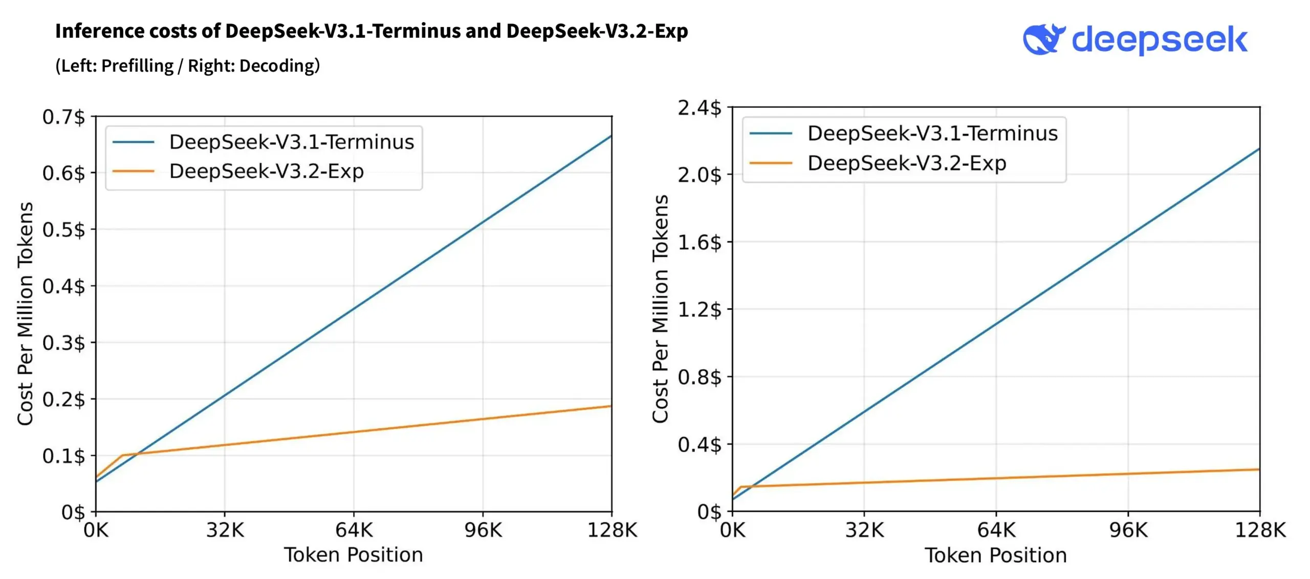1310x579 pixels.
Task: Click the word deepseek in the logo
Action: pyautogui.click(x=1159, y=40)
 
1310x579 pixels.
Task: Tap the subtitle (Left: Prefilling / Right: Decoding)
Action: pyautogui.click(x=187, y=65)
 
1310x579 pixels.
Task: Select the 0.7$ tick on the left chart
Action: pyautogui.click(x=64, y=117)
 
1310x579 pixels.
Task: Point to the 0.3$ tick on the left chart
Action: pyautogui.click(x=64, y=343)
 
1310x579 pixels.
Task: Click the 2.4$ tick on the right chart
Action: pyautogui.click(x=700, y=108)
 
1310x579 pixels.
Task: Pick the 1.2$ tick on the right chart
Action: pyautogui.click(x=700, y=309)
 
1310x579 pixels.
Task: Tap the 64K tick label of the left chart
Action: pyautogui.click(x=354, y=530)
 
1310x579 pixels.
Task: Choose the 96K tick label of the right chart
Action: pyautogui.click(x=1128, y=530)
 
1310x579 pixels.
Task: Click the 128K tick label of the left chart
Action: pyautogui.click(x=612, y=530)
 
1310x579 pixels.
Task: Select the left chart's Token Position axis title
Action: pyautogui.click(x=354, y=555)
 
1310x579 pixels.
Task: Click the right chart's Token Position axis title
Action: pyautogui.click(x=995, y=555)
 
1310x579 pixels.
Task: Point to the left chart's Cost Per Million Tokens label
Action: pyautogui.click(x=25, y=313)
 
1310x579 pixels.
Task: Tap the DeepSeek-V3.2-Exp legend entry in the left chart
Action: pyautogui.click(x=266, y=171)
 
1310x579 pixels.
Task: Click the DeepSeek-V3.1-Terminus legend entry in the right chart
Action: pyautogui.click(x=932, y=133)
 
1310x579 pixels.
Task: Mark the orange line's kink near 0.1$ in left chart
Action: pyautogui.click(x=122, y=455)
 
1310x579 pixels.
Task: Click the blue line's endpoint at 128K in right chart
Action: pyautogui.click(x=1259, y=149)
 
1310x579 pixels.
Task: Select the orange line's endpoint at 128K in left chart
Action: pyautogui.click(x=611, y=406)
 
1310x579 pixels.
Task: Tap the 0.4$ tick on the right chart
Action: pyautogui.click(x=700, y=444)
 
